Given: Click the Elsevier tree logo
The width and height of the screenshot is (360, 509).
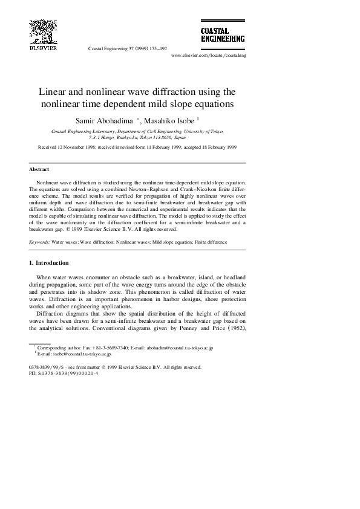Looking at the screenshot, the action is [x=42, y=30].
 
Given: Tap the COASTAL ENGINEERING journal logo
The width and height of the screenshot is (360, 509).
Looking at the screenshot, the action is [x=223, y=34].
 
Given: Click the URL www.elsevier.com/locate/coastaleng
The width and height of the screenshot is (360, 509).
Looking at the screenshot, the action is [x=209, y=55].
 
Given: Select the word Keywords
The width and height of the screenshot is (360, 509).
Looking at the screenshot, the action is [x=39, y=242].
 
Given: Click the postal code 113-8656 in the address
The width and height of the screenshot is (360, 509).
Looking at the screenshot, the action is [x=161, y=137].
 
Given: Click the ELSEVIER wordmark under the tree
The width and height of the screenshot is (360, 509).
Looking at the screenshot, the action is [x=43, y=48].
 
